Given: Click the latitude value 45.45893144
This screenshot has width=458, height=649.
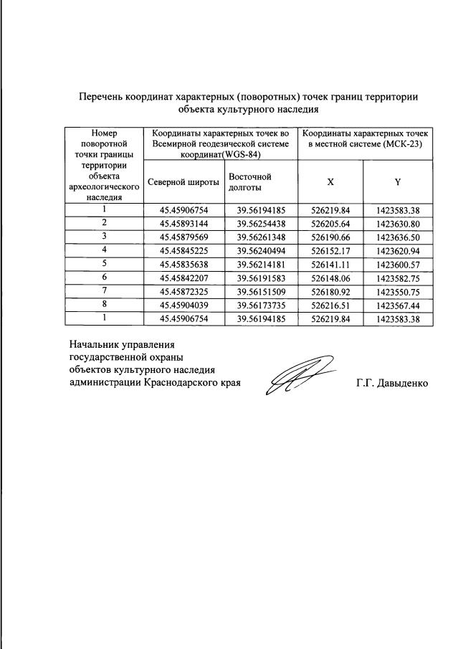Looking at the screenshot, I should coord(183,223).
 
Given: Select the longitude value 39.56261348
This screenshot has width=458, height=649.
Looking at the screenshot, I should coord(261,236).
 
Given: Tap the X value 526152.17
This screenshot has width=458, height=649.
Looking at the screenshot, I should coord(330,250).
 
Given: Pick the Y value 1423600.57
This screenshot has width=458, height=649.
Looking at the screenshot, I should coord(398,263).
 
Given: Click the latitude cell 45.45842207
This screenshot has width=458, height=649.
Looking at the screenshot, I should coord(183,277).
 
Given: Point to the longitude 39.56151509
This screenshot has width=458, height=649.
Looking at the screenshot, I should coord(261,290).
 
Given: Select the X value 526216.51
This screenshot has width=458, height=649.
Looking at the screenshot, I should coord(330,304).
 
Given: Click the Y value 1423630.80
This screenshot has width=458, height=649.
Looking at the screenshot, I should coord(398,223).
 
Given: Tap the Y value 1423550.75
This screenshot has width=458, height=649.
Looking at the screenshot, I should coord(398,290).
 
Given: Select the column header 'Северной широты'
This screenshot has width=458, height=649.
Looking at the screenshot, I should coord(183,181).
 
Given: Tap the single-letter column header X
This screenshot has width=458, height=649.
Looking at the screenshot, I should coord(330,182).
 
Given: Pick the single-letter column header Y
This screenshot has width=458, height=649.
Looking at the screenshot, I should coord(398,182).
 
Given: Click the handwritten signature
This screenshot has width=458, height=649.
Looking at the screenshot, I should coord(297,375).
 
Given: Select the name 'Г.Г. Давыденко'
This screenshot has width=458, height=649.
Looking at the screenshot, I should coord(392,383).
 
